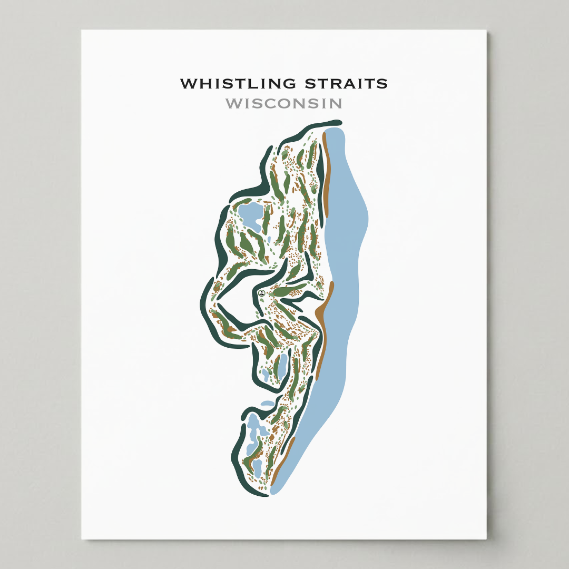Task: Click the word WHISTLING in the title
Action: (x=238, y=83)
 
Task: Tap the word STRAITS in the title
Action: (x=346, y=83)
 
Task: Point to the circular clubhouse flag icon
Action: (x=261, y=292)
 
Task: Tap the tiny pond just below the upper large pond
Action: (x=269, y=240)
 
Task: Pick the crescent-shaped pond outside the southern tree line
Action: (x=268, y=404)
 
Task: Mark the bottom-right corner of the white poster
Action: (x=486, y=538)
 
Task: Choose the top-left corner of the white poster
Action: (x=82, y=31)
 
